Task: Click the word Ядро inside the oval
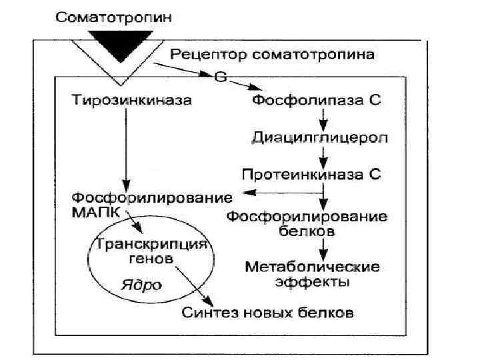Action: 141,285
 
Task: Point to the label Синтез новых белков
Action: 268,312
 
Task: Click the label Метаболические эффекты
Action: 313,274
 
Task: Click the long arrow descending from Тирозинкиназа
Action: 125,147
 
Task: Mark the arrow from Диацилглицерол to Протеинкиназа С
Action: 323,157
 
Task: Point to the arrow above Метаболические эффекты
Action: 323,248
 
